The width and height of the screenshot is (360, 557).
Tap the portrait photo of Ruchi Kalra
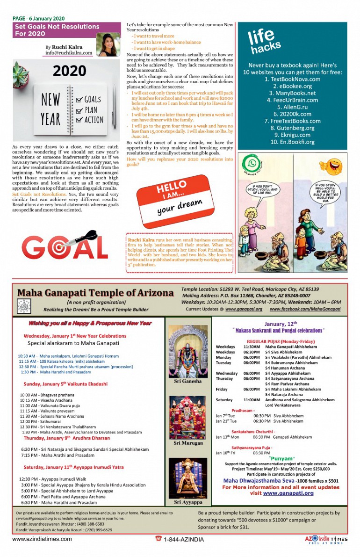(108, 45)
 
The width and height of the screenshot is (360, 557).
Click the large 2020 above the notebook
(69, 71)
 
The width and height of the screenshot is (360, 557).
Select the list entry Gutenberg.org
(292, 128)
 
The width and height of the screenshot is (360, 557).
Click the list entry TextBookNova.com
(292, 79)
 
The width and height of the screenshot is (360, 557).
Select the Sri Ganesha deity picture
(187, 351)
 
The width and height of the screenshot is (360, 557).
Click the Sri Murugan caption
(188, 442)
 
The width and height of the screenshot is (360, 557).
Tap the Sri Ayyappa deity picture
(188, 478)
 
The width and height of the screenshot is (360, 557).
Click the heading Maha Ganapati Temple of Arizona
(95, 293)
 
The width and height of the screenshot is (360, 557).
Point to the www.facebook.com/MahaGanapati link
(305, 309)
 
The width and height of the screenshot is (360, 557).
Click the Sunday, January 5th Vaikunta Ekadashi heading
(65, 383)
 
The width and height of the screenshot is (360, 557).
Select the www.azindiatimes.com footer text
(42, 539)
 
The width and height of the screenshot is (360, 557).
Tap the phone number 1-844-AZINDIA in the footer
(183, 539)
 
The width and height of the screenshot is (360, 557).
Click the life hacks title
(264, 41)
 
